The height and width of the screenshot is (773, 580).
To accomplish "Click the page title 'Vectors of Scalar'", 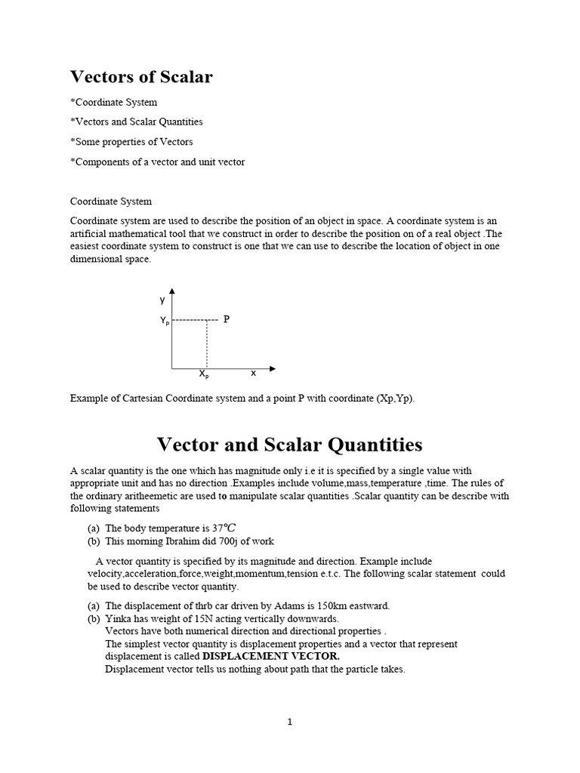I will click(x=141, y=77).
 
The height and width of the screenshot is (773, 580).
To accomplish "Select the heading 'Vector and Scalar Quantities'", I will click(x=289, y=444).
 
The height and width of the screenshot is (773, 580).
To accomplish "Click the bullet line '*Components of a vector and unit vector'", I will click(x=157, y=162).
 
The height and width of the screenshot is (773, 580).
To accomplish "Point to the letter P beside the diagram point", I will click(x=226, y=319).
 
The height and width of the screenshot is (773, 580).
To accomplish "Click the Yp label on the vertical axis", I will click(x=165, y=321).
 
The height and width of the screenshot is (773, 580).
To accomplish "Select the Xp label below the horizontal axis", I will click(x=204, y=374).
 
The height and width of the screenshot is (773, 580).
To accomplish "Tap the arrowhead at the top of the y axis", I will click(x=172, y=291).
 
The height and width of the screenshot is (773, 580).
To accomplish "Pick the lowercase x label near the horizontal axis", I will click(x=253, y=374).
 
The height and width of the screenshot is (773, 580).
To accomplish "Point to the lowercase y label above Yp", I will click(x=162, y=300).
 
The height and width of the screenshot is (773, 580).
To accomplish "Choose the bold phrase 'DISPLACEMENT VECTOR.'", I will click(x=271, y=657).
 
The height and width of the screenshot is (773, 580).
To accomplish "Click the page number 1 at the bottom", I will click(x=289, y=722).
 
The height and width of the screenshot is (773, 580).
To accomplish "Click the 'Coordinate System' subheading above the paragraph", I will click(x=111, y=202).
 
